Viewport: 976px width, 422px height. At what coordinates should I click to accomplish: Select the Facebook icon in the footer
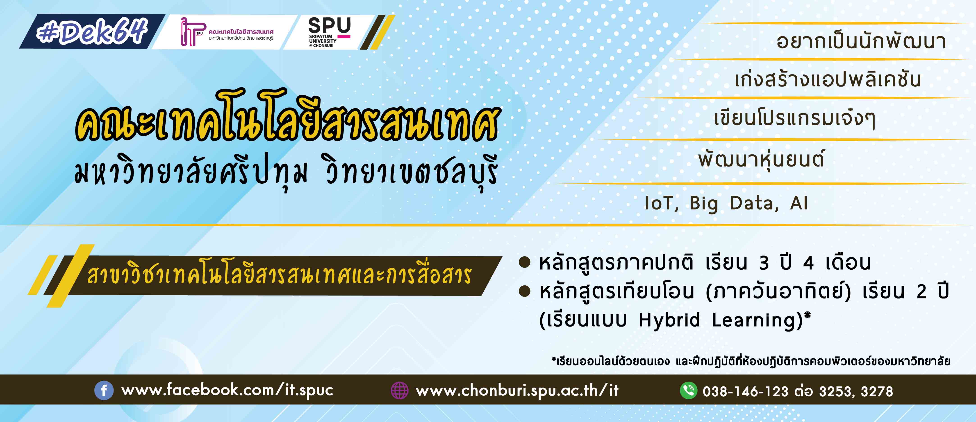coord(104,390)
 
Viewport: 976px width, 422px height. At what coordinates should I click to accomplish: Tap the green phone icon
coord(688,390)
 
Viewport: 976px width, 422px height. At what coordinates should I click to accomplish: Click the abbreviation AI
coord(799,203)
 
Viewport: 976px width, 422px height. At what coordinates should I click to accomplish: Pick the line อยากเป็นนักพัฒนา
coord(861,41)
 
